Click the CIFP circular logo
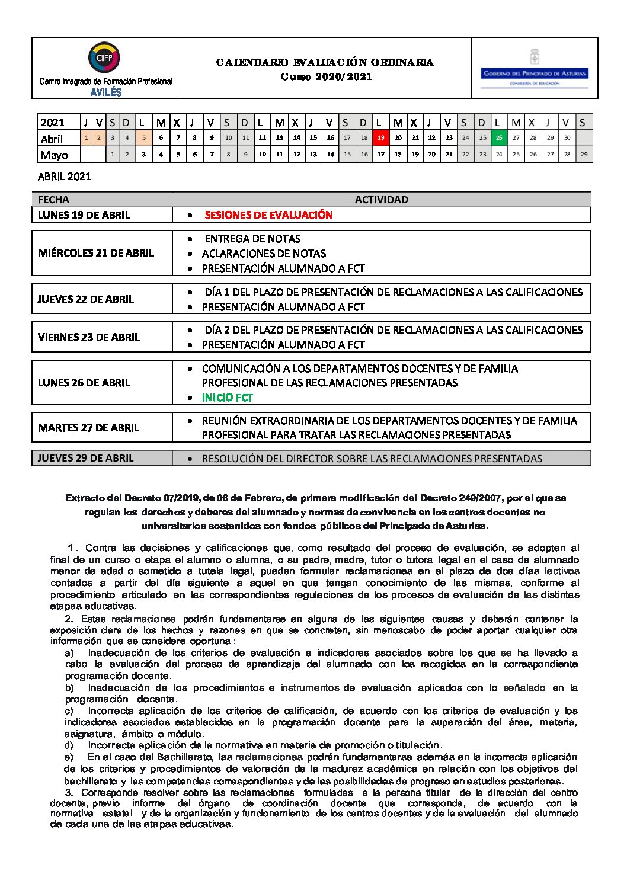point(104,57)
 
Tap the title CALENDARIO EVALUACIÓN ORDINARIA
point(325,62)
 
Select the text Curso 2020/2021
point(326,77)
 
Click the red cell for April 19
point(380,138)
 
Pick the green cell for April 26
point(499,138)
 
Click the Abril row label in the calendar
point(52,139)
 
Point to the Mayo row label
point(54,155)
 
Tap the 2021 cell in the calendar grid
point(53,123)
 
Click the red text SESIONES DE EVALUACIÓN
point(268,215)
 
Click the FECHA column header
point(53,200)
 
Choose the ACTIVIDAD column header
point(381,200)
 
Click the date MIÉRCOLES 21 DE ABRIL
point(96,253)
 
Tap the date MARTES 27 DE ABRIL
point(88,428)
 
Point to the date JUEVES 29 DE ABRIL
point(86,458)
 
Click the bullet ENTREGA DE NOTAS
point(252,239)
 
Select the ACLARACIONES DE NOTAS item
point(264,254)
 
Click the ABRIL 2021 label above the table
point(64,177)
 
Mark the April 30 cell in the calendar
point(567,138)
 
